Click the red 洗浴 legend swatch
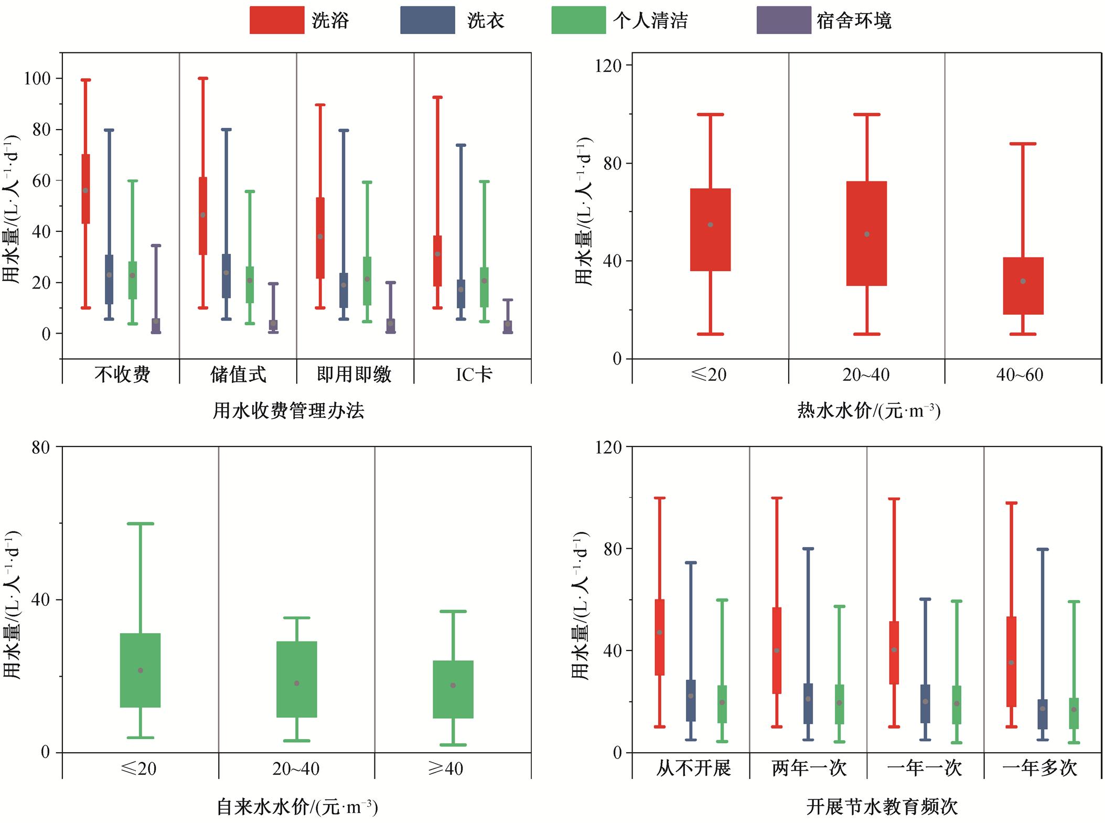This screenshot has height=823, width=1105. (276, 20)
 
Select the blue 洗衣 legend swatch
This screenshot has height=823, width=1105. (427, 20)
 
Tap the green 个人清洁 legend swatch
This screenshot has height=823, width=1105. (578, 20)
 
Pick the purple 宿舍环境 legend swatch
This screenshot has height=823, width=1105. (784, 20)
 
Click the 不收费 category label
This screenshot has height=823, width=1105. (122, 374)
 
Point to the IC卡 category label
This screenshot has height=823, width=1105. (474, 374)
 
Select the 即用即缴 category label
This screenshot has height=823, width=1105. (355, 374)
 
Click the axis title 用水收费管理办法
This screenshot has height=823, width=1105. (288, 410)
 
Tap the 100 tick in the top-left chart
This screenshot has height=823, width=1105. (38, 79)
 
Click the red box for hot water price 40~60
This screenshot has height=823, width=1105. (1023, 286)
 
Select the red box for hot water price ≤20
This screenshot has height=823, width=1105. (710, 230)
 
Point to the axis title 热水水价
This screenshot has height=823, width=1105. (868, 410)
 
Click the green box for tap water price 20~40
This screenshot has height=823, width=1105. (296, 679)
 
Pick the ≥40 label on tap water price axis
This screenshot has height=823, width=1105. (446, 768)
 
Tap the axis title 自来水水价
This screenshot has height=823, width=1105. (297, 807)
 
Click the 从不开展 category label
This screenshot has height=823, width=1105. (693, 768)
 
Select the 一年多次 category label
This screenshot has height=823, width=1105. (1039, 768)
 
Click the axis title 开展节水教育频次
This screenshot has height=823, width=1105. (882, 807)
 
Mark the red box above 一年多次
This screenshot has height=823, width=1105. (1011, 662)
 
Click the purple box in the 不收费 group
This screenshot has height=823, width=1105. (156, 326)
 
